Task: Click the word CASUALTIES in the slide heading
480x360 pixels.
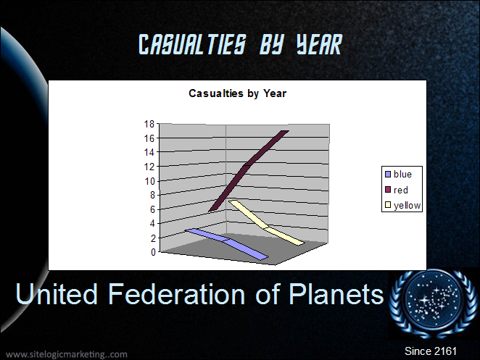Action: (x=192, y=44)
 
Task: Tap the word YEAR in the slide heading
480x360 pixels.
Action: (x=319, y=44)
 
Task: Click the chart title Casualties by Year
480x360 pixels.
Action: (x=238, y=93)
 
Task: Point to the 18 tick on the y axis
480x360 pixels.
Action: (x=149, y=124)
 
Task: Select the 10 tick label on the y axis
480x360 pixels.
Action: (x=149, y=181)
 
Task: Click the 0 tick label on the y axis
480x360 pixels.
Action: (x=153, y=252)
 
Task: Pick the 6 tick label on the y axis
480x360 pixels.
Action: (x=152, y=209)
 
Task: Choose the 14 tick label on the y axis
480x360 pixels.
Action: (x=149, y=152)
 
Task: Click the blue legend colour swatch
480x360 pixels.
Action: (x=388, y=175)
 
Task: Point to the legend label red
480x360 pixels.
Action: (x=401, y=191)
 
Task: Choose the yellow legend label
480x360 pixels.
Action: (x=407, y=206)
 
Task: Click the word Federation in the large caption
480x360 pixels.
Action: (x=177, y=294)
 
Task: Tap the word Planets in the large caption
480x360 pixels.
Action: (x=336, y=294)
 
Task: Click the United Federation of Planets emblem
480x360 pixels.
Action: (x=433, y=304)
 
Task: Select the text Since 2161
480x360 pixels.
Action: (x=431, y=351)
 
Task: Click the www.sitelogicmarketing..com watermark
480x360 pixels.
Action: (x=67, y=354)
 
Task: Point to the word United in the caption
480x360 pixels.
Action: (x=57, y=294)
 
